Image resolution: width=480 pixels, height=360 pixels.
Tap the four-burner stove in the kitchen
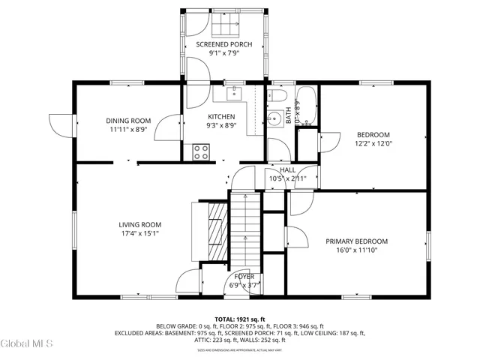point(201,151)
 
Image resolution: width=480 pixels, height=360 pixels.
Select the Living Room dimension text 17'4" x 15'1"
point(140,233)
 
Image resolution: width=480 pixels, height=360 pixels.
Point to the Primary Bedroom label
point(356,241)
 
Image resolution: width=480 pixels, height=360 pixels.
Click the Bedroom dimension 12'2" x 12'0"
point(373,144)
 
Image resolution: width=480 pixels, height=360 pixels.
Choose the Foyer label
point(244,276)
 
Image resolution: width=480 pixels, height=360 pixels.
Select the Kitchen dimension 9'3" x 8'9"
point(221,126)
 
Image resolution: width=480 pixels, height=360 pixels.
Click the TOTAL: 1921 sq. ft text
point(239,319)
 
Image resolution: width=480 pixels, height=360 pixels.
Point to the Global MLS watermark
point(26,343)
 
